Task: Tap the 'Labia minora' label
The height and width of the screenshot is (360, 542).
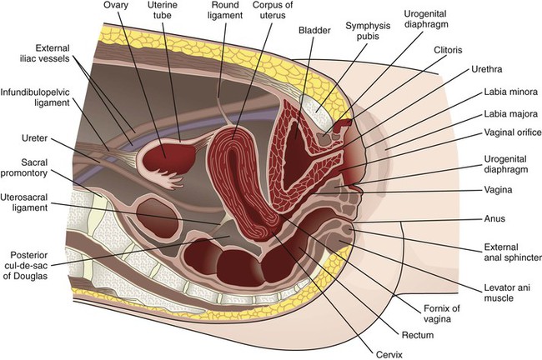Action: click(507, 92)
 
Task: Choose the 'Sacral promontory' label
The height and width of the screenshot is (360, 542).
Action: click(37, 166)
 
